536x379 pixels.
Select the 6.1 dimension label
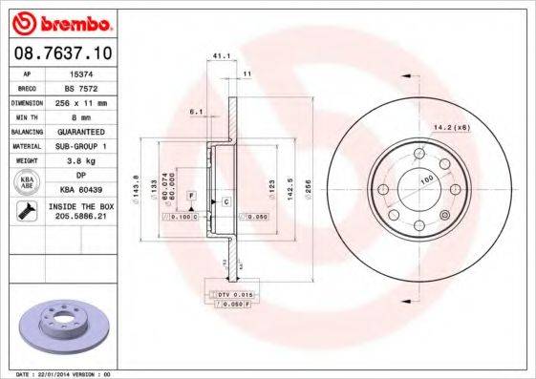[196, 113]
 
